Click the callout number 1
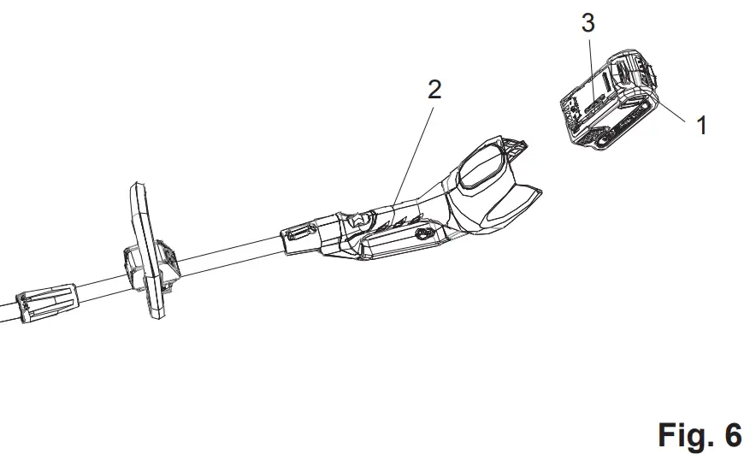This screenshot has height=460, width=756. click(702, 127)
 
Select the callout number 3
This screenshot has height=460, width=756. click(588, 24)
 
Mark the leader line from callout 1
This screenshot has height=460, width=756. click(672, 111)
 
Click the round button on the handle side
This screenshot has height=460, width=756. click(421, 232)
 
